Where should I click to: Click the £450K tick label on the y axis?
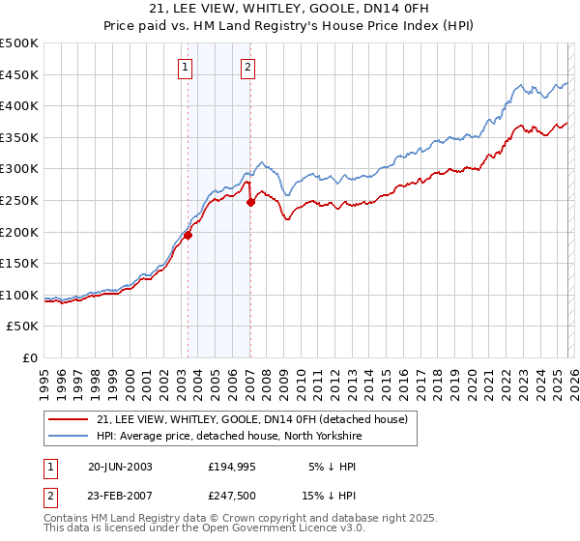[19, 74]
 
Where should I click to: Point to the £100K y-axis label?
[19, 295]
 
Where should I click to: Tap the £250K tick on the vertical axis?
[19, 200]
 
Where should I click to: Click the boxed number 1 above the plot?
[185, 67]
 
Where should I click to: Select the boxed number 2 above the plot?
[248, 67]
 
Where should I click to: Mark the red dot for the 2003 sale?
[188, 235]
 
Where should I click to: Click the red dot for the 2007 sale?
[250, 202]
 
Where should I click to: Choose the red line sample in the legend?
[69, 419]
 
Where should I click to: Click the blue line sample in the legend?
[69, 436]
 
